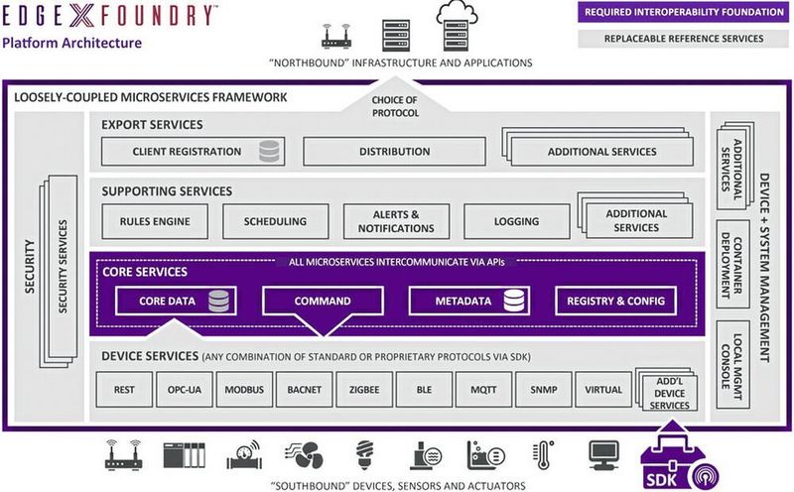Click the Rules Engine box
(x=154, y=221)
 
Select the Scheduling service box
(x=274, y=221)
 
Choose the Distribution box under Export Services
(x=394, y=152)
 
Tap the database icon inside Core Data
(x=219, y=301)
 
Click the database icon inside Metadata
(x=514, y=301)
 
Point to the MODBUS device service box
(x=244, y=390)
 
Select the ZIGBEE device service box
(x=364, y=390)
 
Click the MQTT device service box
(x=485, y=390)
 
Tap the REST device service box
(x=124, y=390)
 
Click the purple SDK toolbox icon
(x=676, y=459)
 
